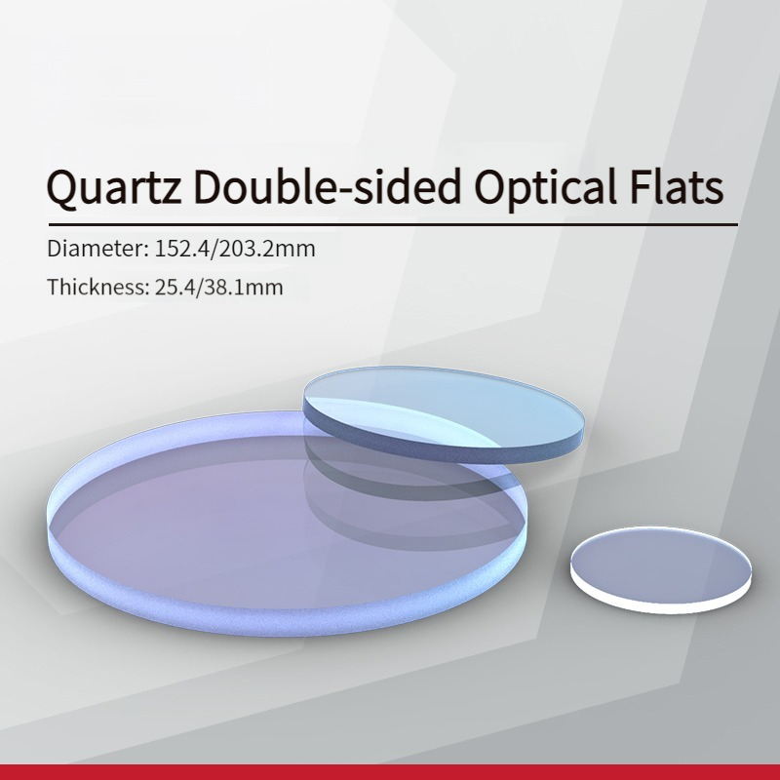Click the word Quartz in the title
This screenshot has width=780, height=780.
pyautogui.click(x=114, y=187)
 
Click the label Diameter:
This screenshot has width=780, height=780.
pyautogui.click(x=98, y=249)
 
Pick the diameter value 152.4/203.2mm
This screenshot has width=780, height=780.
pyautogui.click(x=235, y=249)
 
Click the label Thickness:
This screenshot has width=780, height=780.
pyautogui.click(x=98, y=287)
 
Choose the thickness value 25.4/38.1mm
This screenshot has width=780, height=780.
pyautogui.click(x=218, y=287)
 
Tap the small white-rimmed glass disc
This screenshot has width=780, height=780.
pyautogui.click(x=661, y=570)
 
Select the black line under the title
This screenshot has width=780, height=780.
pyautogui.click(x=393, y=225)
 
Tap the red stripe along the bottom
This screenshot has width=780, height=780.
pyautogui.click(x=390, y=772)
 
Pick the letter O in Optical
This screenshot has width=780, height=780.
pyautogui.click(x=489, y=185)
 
